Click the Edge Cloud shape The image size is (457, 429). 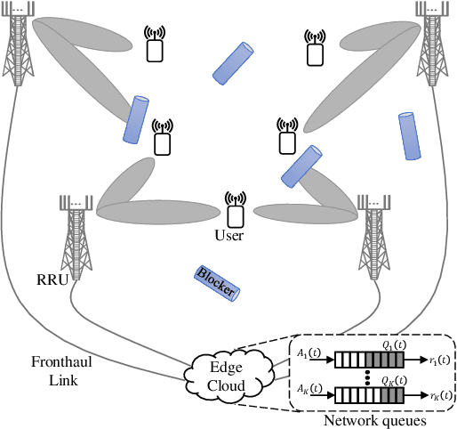[226, 374]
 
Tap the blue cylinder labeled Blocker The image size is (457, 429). [216, 283]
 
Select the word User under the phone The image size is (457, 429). [228, 236]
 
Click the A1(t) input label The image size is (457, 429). [309, 353]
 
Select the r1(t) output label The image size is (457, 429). [437, 360]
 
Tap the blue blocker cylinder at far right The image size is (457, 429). [411, 136]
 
